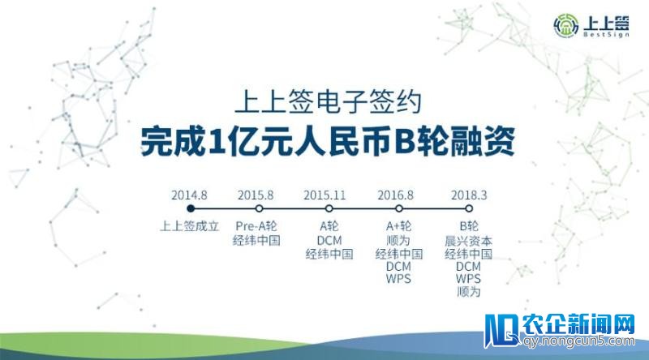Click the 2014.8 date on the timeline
click(189, 195)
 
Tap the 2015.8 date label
click(256, 195)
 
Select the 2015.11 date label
click(325, 195)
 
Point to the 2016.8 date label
click(396, 195)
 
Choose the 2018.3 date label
click(470, 195)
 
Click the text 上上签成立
click(189, 227)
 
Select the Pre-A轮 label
click(256, 227)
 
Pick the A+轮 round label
click(398, 227)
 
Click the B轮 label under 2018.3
click(469, 227)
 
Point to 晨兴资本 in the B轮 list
click(469, 241)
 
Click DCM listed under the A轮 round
click(329, 241)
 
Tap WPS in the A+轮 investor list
click(398, 279)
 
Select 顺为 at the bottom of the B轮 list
click(469, 292)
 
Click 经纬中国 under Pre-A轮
click(256, 241)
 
